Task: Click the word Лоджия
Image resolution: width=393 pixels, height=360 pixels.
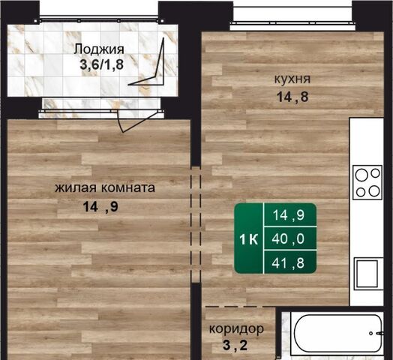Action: coord(99,49)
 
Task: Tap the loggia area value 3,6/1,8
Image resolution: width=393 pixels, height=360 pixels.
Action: coord(101,64)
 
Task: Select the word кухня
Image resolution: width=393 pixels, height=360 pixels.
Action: coord(292,79)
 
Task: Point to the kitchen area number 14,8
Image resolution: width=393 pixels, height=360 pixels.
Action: coord(292,97)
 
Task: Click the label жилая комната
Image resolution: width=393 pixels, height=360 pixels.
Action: coord(105,187)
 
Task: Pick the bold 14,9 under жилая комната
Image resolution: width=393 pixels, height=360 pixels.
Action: coord(100,207)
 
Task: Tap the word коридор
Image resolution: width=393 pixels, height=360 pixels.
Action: coord(236,328)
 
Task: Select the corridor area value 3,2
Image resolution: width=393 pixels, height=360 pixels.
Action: coord(235,345)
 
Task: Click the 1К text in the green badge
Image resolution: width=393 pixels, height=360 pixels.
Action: coord(248,239)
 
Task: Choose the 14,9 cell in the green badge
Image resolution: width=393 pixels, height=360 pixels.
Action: coord(289,215)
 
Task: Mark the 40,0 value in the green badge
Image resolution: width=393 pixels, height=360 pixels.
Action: coord(288,238)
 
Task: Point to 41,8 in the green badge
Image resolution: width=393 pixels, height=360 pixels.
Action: coord(288,262)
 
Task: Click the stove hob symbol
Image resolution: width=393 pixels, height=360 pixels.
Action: coord(367,182)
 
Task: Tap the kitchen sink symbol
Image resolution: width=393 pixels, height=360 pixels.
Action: coord(367,274)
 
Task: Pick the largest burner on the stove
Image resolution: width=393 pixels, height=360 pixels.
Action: coord(361,175)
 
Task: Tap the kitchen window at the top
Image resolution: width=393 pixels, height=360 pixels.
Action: coord(292,23)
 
